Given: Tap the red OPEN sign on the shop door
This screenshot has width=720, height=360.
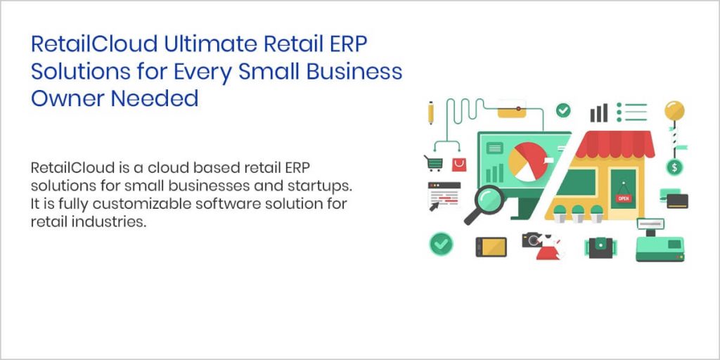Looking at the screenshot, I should point(623,198).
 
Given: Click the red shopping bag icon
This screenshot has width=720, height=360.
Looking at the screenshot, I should point(459,165).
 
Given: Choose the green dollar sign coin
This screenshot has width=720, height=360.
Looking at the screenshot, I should point(674,167).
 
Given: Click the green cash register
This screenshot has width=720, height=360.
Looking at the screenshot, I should point(659,243).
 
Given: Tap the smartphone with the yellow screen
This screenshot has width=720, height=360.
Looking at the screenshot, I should point(491,246).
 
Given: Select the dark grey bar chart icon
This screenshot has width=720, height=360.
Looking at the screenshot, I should point(599,112).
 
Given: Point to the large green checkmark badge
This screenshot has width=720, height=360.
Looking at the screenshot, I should point(442,244).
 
